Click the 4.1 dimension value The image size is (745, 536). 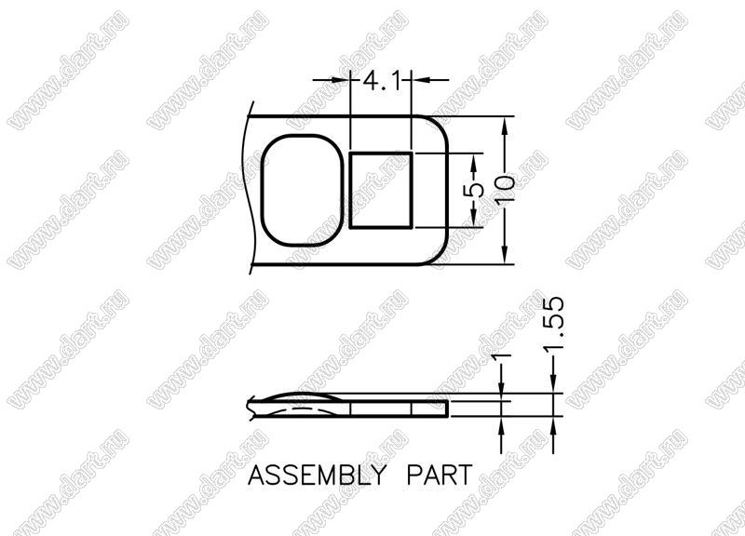coord(380,81)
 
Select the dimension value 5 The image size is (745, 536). coord(474,191)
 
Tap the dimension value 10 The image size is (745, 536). coord(504,190)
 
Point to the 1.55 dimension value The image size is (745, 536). coord(554,325)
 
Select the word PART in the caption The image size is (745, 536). coord(440,475)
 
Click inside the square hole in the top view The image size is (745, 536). coord(380,191)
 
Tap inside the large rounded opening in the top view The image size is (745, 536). coord(302,191)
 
